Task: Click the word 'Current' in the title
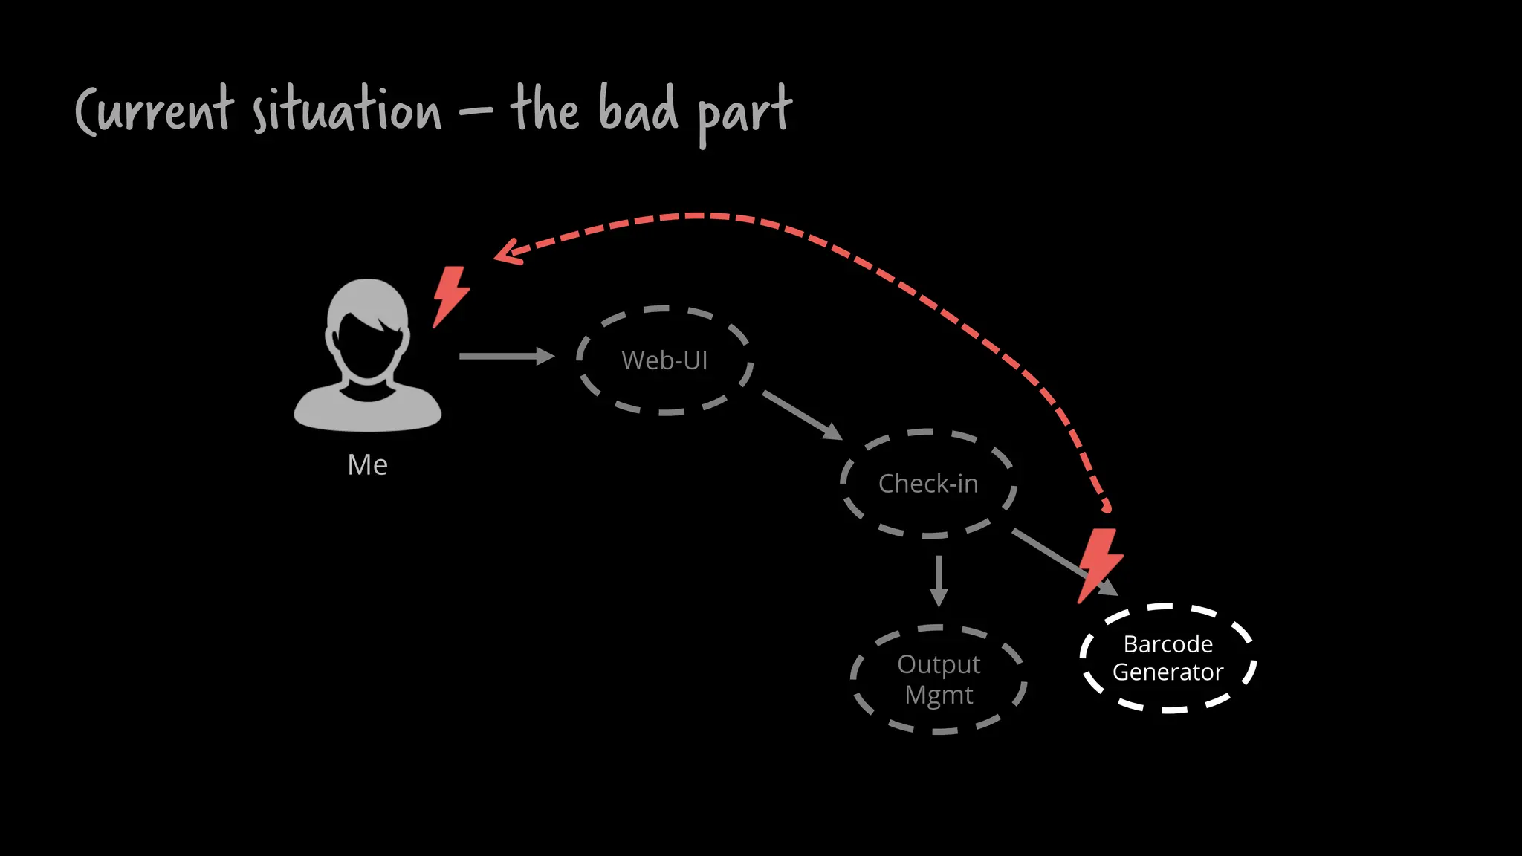tap(155, 111)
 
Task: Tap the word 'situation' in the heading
tap(346, 111)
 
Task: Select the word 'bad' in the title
tap(638, 110)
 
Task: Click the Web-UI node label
tap(664, 360)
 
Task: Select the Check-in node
tap(928, 484)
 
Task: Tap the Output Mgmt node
tap(939, 680)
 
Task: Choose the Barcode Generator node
tap(1168, 658)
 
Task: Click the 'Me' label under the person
tap(367, 465)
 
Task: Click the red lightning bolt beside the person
tap(450, 296)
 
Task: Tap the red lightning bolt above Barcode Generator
tap(1099, 563)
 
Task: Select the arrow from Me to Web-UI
tap(506, 357)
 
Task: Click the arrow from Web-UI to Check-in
tap(802, 415)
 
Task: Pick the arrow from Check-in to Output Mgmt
tap(939, 580)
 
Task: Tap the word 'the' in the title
tap(545, 110)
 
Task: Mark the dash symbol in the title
tap(476, 113)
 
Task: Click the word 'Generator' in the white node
tap(1168, 672)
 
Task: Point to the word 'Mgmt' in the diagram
tap(939, 695)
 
